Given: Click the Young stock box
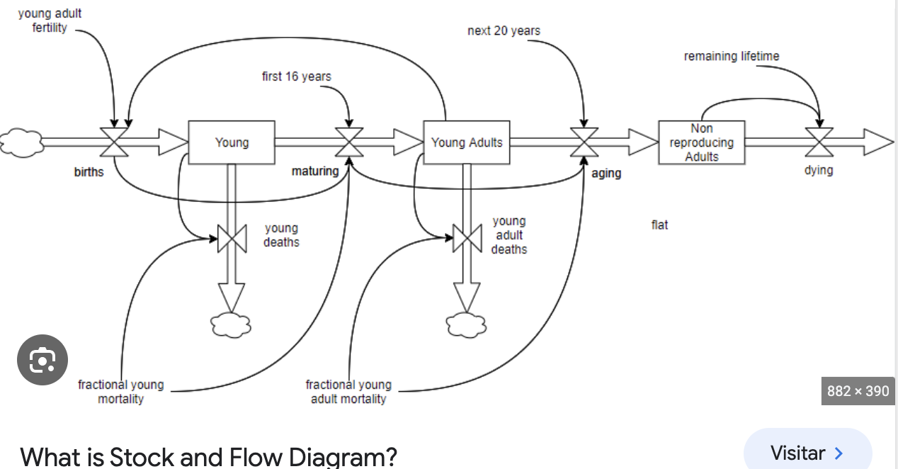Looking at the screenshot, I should click(x=232, y=142).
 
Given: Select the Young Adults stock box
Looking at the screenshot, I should click(x=466, y=142).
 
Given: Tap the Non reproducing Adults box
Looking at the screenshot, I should click(x=701, y=142).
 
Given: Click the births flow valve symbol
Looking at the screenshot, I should click(x=113, y=142).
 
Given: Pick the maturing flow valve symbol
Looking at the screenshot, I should click(x=349, y=142).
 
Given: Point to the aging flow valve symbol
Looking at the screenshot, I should click(x=584, y=142).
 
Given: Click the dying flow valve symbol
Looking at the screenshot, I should click(x=819, y=142).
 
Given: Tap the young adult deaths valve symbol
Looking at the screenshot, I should click(x=467, y=237).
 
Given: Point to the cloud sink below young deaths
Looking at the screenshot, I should click(x=231, y=324).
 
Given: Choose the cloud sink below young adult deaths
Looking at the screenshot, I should click(x=466, y=324).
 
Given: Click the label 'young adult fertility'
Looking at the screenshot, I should click(x=50, y=21).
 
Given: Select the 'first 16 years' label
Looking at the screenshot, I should click(x=296, y=77).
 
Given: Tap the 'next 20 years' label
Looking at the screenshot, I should click(x=504, y=31).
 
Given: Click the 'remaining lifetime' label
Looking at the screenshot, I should click(x=731, y=56).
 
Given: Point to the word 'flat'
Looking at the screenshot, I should click(x=659, y=225).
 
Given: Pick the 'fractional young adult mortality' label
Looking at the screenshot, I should click(x=348, y=392).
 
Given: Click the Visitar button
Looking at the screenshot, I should click(x=807, y=453).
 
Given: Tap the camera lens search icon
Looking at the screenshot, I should click(x=42, y=361).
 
